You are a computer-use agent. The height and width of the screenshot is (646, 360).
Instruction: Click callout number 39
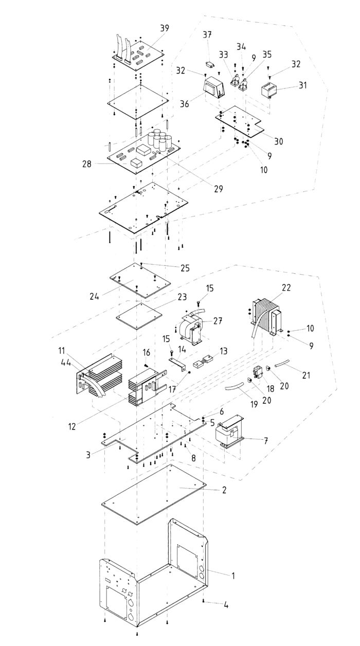coord(165,28)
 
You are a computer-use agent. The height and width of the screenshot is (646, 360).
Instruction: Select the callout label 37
coord(207,34)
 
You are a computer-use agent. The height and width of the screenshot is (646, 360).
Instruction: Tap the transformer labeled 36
coord(214,87)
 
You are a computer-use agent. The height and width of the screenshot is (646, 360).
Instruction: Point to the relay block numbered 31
coord(268,91)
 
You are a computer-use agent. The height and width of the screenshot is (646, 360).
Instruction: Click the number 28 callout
coord(86,164)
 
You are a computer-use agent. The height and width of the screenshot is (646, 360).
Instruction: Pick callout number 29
coord(219,189)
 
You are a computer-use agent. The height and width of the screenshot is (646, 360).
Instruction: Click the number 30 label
coord(278,141)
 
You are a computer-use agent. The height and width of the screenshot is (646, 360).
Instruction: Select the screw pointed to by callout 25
coord(141,263)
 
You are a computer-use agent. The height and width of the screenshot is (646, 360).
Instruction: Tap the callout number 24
coord(94,296)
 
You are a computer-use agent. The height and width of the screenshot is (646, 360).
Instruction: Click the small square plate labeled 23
coord(138,316)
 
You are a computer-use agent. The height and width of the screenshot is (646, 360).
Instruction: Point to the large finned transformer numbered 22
coord(266,319)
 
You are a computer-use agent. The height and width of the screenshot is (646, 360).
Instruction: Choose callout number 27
coord(218,321)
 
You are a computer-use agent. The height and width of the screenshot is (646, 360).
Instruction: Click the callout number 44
coord(66,363)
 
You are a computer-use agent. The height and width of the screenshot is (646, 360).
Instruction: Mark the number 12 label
coord(72,426)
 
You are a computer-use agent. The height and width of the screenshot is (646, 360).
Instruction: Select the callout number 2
coord(224,490)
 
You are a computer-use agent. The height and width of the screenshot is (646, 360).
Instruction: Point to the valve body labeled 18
coord(259,372)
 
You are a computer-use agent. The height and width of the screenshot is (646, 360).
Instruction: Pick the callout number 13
coord(223,351)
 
